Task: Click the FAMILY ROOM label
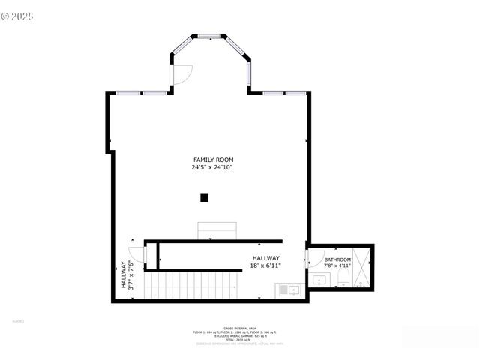tap(213, 160)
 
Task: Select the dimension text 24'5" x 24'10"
tap(212, 168)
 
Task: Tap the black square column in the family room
tap(204, 198)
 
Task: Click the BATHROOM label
tap(337, 259)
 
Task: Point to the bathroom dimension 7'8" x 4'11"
tap(337, 265)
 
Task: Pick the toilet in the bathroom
tap(343, 279)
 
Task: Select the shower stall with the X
tap(362, 266)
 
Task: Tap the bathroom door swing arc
tap(312, 258)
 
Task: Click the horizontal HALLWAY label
tap(265, 258)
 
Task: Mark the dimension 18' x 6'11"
tap(265, 265)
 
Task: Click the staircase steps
tap(190, 285)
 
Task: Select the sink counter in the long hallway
tap(288, 289)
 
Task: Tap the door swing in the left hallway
tap(136, 255)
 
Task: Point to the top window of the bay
tap(209, 35)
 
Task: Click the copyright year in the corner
tap(23, 15)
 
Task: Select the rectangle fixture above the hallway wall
tap(217, 229)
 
